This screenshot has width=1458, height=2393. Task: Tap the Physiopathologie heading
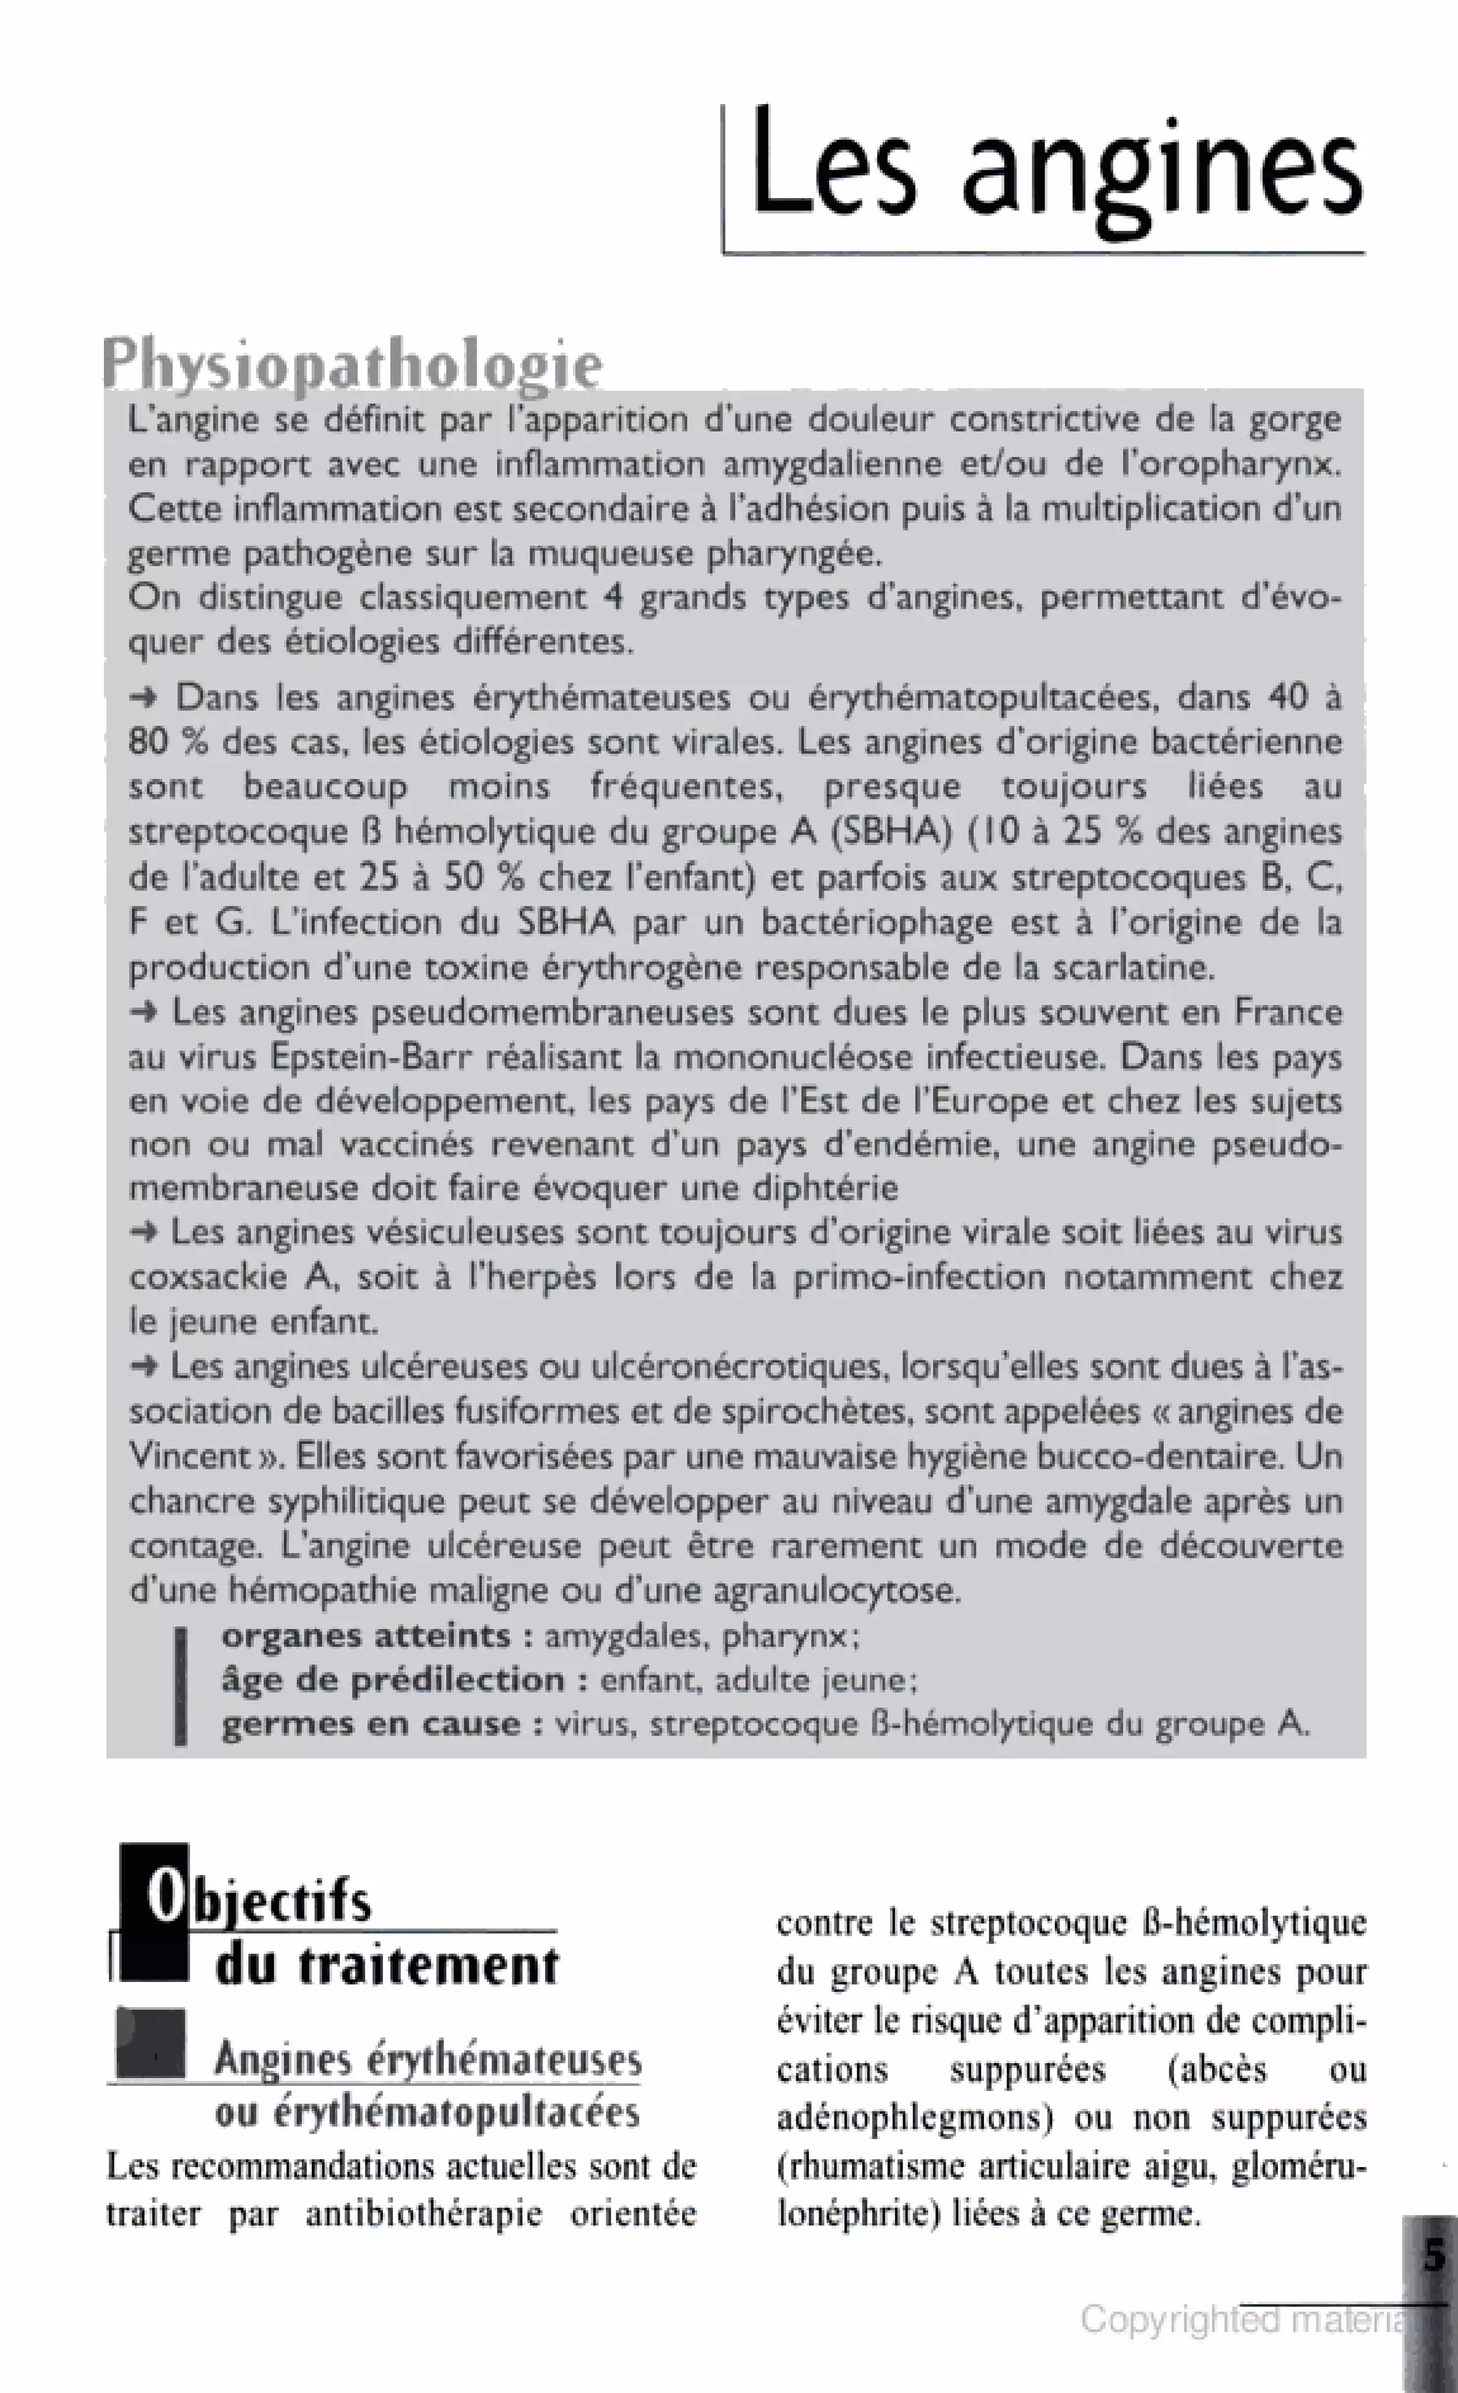coord(352,365)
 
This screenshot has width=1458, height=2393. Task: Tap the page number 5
coord(1434,2254)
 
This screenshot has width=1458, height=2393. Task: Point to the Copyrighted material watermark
coord(1242,2319)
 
